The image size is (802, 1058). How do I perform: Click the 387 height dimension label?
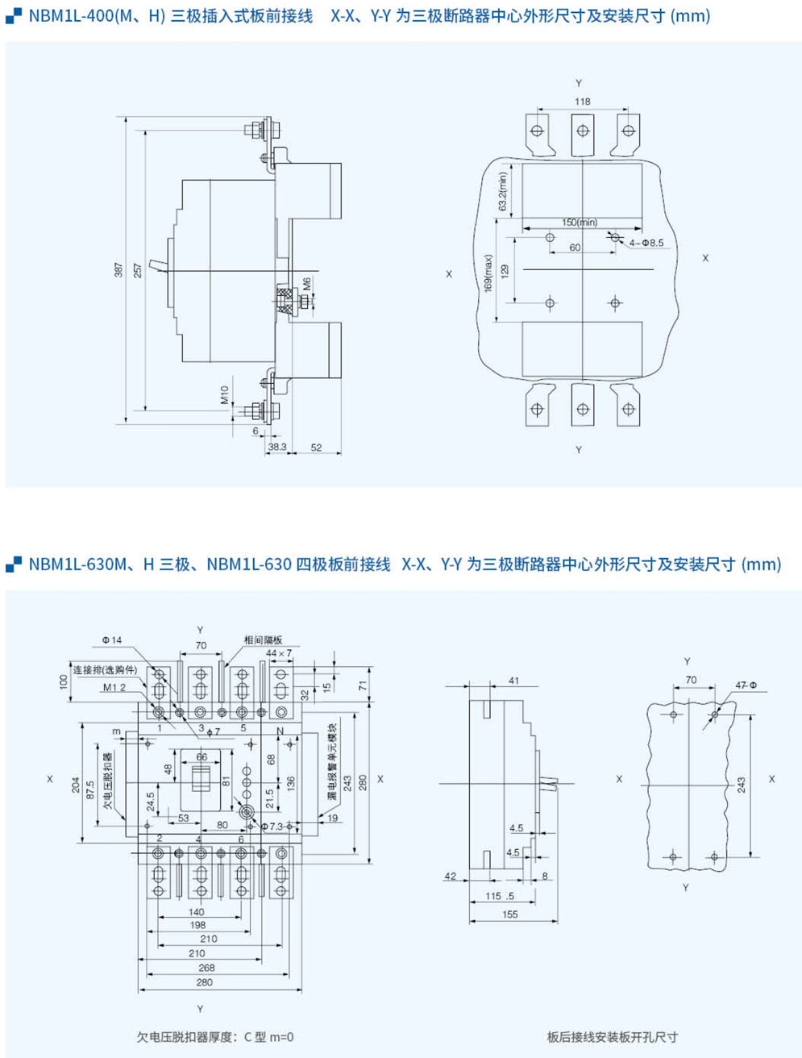pyautogui.click(x=118, y=270)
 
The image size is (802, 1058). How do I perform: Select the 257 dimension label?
pyautogui.click(x=138, y=270)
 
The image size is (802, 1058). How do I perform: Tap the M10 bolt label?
pyautogui.click(x=225, y=394)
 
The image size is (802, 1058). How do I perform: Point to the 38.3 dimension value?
pyautogui.click(x=276, y=447)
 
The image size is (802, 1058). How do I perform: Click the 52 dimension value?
pyautogui.click(x=316, y=447)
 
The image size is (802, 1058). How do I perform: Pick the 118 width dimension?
pyautogui.click(x=583, y=102)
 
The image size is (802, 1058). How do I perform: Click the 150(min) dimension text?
pyautogui.click(x=580, y=222)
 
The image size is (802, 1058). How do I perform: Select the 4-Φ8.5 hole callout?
pyautogui.click(x=646, y=242)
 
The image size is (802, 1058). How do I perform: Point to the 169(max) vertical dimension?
pyautogui.click(x=488, y=274)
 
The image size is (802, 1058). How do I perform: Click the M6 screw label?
pyautogui.click(x=307, y=284)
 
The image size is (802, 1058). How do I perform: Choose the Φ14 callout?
pyautogui.click(x=111, y=640)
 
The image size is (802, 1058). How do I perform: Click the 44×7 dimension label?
pyautogui.click(x=279, y=652)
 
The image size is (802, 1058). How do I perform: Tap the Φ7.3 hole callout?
pyautogui.click(x=274, y=827)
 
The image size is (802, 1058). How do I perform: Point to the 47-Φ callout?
pyautogui.click(x=746, y=685)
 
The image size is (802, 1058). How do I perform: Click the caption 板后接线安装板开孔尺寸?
pyautogui.click(x=612, y=1037)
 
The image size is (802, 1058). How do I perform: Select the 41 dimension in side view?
pyautogui.click(x=514, y=681)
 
